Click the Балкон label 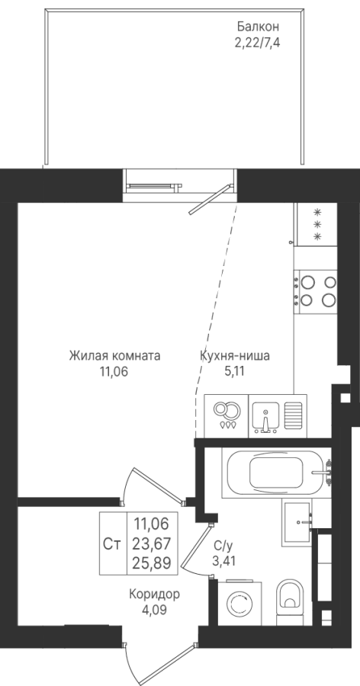pyautogui.click(x=259, y=27)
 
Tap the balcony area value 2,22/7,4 pyautogui.click(x=258, y=43)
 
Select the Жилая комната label pyautogui.click(x=114, y=356)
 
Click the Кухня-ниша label pyautogui.click(x=235, y=356)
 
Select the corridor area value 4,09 pyautogui.click(x=154, y=611)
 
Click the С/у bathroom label pyautogui.click(x=222, y=546)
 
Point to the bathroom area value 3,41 pyautogui.click(x=223, y=561)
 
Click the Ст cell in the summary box pyautogui.click(x=112, y=543)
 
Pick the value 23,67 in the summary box pyautogui.click(x=152, y=543)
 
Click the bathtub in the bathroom pyautogui.click(x=276, y=473)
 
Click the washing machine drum pyautogui.click(x=239, y=604)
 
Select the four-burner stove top pyautogui.click(x=315, y=291)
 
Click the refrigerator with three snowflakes pyautogui.click(x=317, y=224)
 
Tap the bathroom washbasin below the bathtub pyautogui.click(x=297, y=522)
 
